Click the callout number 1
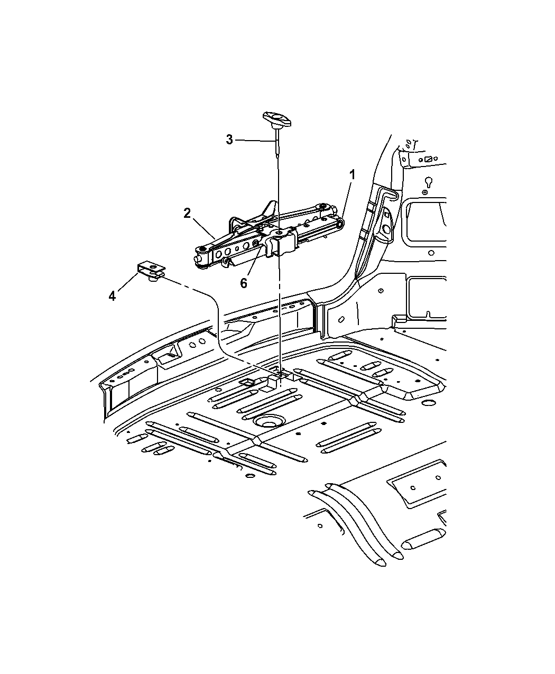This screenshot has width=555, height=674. point(352,175)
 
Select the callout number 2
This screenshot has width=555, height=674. point(187,213)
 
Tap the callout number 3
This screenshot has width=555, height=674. point(229,140)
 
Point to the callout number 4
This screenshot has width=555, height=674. point(112,296)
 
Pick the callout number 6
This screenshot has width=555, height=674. point(244,283)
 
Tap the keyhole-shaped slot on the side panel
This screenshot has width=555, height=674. point(429,183)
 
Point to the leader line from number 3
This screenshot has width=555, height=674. point(255,141)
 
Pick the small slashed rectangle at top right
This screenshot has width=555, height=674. point(429,159)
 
